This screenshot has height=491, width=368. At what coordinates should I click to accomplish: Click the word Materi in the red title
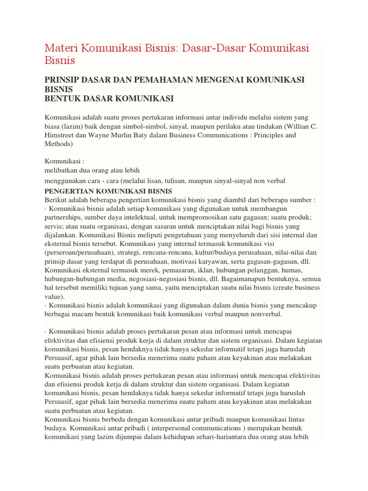pos(63,48)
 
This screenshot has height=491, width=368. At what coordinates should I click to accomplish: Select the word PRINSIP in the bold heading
pos(62,79)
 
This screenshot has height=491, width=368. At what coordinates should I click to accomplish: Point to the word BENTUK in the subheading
pos(61,99)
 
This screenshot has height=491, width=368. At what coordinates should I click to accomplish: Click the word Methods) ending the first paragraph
pos(58,144)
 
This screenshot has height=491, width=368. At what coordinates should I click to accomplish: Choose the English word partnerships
pos(66,218)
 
